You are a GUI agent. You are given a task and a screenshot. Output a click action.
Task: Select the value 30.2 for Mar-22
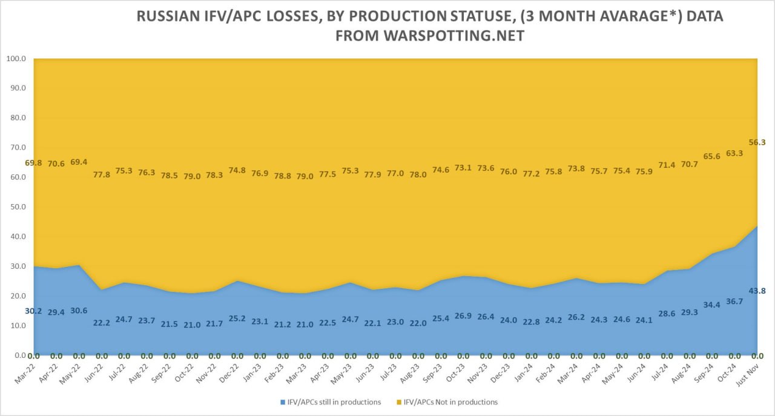click(34, 311)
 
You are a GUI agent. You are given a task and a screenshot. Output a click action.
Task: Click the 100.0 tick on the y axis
click(16, 59)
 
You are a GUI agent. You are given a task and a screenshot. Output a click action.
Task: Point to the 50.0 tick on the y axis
click(17, 207)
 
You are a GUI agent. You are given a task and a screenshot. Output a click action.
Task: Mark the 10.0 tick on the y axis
click(17, 326)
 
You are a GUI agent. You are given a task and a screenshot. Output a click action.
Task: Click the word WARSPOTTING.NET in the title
click(453, 36)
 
